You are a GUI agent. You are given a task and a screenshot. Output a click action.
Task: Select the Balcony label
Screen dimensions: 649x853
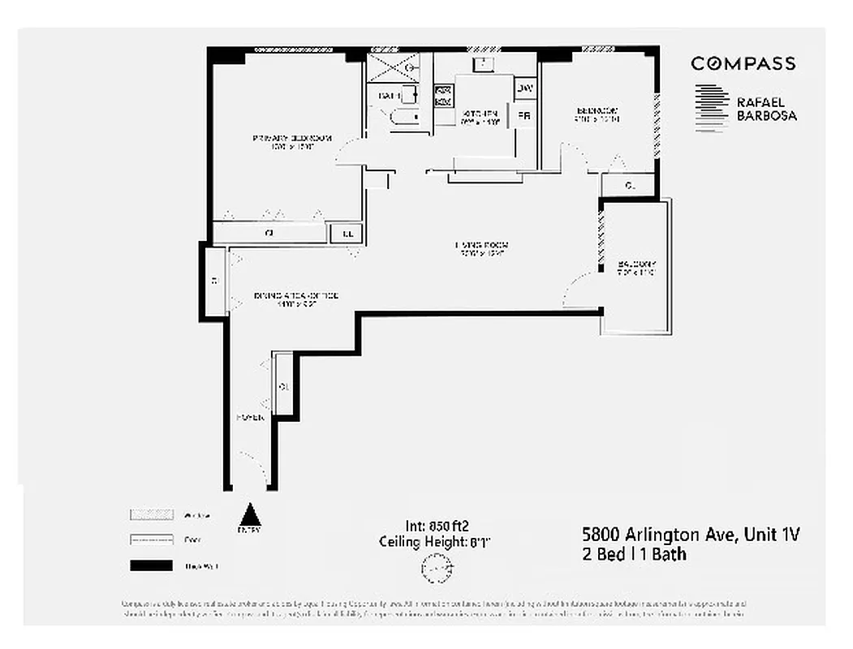637,269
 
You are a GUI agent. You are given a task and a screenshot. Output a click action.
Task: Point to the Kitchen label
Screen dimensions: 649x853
479,118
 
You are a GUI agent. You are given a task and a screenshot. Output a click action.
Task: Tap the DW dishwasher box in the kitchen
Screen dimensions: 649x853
525,88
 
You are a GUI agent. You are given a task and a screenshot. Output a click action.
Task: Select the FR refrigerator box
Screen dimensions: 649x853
524,116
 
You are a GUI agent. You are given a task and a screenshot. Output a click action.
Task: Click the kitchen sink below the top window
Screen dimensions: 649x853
485,62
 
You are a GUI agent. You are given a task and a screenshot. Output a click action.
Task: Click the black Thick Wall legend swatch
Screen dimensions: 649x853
150,565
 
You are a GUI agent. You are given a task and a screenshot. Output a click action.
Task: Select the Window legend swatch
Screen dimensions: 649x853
150,514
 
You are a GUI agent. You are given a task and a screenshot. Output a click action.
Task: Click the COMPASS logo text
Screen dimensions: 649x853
743,63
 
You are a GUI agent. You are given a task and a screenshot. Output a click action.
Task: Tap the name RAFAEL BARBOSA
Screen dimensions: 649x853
765,110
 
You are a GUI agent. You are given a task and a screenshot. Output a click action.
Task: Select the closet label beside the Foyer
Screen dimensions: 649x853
283,386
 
